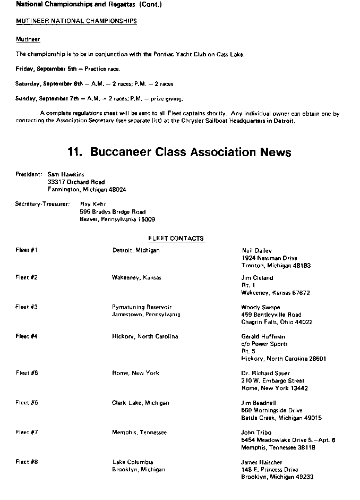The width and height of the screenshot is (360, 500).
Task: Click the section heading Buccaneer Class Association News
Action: [179, 152]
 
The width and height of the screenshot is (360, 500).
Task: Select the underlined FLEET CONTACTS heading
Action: [176, 239]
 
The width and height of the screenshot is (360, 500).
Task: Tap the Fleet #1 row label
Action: [27, 250]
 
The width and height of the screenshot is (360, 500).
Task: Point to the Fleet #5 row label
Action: [27, 373]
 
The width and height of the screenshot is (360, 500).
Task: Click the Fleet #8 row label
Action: [27, 462]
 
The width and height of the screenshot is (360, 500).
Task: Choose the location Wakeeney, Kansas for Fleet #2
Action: [136, 277]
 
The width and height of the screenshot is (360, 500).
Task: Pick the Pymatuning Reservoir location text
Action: [142, 307]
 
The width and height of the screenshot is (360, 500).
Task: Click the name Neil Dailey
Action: [256, 250]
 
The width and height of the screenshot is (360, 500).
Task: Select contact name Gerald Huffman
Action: [264, 336]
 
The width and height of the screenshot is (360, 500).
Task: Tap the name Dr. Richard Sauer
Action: [265, 373]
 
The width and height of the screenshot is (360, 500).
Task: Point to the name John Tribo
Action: [256, 433]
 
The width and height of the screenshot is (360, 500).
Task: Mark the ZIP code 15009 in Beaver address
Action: [146, 219]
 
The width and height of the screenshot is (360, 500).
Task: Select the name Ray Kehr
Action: [93, 204]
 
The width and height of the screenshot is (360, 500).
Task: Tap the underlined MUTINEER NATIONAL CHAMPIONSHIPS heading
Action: [76, 21]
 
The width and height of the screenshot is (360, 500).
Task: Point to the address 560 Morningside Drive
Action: [271, 410]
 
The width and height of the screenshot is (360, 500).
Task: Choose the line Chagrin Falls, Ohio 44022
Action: [277, 322]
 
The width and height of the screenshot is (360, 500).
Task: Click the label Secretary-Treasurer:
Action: [42, 204]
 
